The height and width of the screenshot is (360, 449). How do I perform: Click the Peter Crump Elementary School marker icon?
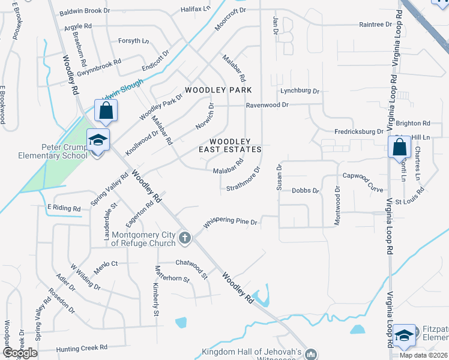(x=98, y=140)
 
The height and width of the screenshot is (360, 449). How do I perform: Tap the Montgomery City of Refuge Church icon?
(x=185, y=238)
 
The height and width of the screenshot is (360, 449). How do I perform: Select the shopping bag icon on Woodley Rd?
(x=106, y=111)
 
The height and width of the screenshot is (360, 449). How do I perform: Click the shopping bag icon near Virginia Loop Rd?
(x=399, y=148)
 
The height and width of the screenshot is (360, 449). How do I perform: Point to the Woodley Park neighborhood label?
(x=218, y=90)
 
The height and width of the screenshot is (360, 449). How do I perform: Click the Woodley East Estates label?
(x=231, y=145)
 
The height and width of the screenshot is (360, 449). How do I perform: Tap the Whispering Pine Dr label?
(x=231, y=223)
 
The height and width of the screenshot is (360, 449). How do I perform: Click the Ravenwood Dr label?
(x=267, y=104)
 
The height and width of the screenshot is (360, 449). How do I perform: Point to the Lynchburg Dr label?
(x=300, y=91)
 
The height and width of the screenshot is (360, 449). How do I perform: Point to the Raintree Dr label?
(x=375, y=25)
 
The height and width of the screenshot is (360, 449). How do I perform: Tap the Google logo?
(x=20, y=352)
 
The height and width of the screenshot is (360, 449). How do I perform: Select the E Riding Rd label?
(x=64, y=208)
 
